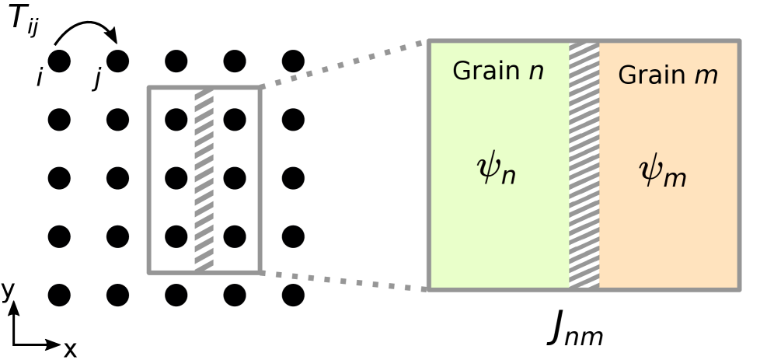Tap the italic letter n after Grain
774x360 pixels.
[536, 72]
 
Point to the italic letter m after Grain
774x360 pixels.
[706, 76]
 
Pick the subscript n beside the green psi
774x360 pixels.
[508, 177]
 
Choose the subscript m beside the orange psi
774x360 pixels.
[675, 179]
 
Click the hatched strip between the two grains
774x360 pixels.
[584, 165]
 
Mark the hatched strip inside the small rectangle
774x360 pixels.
[204, 180]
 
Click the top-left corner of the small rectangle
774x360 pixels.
[149, 88]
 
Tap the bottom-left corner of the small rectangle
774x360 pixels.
[149, 271]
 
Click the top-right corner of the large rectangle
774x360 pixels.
[738, 42]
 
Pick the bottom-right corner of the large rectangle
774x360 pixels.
[738, 288]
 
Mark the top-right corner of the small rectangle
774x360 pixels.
[259, 88]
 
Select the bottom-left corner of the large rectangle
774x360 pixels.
[429, 288]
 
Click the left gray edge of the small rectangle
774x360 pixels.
[149, 180]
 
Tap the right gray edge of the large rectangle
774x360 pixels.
[738, 165]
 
